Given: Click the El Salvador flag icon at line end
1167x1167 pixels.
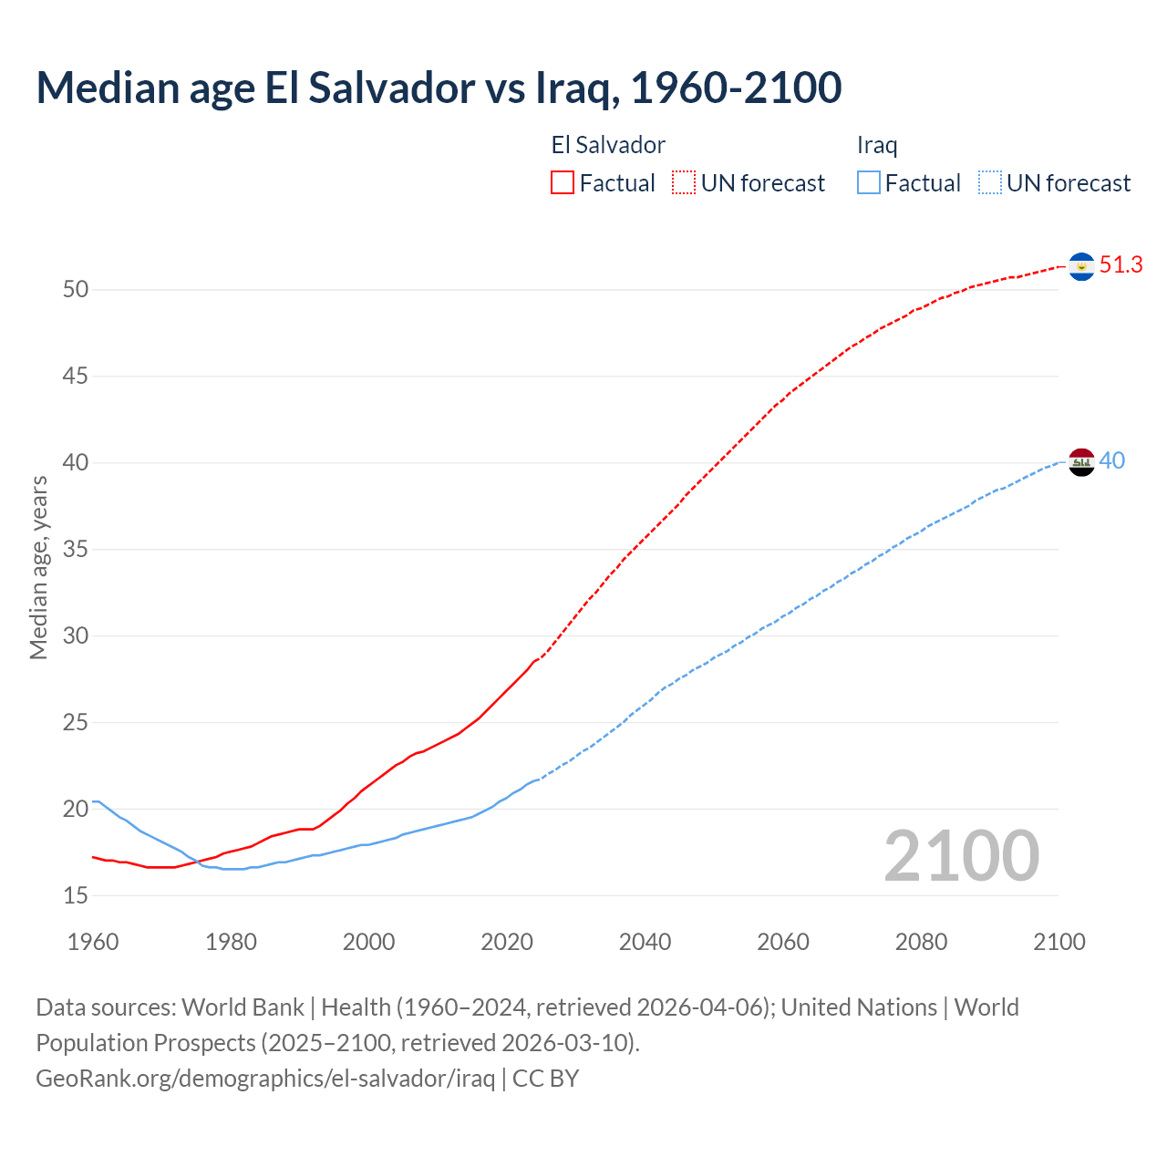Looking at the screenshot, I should pos(1081,266).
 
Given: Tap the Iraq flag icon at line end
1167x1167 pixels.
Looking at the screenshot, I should pos(1081,462).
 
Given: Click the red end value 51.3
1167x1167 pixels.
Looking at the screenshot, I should pos(1121,265).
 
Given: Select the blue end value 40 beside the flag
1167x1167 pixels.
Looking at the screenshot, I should pos(1111,461).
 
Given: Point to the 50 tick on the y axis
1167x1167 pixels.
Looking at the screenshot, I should pos(76,290).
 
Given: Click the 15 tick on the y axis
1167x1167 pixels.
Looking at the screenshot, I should pos(76,896).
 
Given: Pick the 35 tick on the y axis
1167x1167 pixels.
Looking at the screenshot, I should pos(76,550).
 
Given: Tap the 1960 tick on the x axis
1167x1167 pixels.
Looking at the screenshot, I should pos(93,942).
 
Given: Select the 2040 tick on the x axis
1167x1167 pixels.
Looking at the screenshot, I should pos(645,942).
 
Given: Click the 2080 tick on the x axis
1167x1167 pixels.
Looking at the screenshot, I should pos(921,942).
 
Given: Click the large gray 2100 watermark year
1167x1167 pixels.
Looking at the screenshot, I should pos(961,856).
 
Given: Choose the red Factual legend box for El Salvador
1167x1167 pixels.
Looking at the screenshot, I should pos(563,183).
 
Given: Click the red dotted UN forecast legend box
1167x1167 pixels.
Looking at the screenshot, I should pos(684,183).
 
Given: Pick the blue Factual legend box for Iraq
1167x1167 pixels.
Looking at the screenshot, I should pos(869,183).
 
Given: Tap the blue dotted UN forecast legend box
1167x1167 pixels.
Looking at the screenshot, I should pos(989,183).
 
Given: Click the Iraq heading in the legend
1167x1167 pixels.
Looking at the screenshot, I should pos(877,145).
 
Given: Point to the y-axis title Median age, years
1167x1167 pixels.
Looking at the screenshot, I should pos(38,567).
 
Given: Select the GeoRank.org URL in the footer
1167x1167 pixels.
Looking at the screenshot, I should pos(265,1078).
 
